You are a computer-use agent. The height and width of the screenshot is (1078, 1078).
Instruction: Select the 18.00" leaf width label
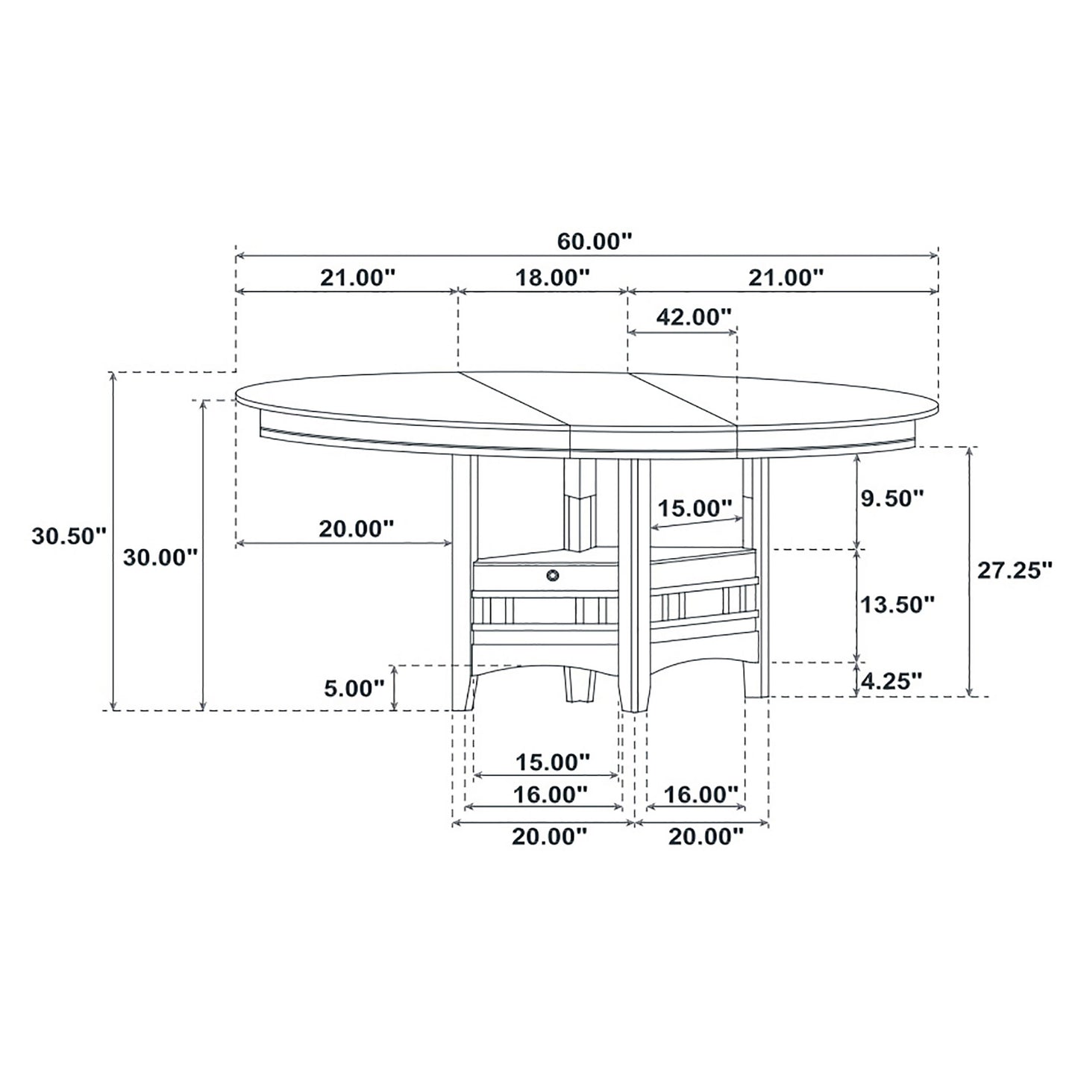click(553, 278)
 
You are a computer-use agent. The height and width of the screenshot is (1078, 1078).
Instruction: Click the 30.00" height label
click(160, 557)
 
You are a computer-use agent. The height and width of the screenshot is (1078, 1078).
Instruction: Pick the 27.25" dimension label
click(1015, 570)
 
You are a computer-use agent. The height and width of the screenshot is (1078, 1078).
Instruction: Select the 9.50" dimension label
click(892, 498)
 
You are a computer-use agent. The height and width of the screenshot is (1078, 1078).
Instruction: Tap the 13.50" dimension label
click(897, 604)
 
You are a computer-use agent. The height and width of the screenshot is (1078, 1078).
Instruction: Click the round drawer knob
click(553, 574)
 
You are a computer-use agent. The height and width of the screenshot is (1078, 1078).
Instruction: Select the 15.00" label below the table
click(552, 762)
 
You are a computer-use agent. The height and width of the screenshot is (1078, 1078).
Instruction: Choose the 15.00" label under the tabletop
click(694, 509)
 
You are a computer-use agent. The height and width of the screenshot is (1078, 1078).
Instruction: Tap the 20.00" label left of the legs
click(356, 529)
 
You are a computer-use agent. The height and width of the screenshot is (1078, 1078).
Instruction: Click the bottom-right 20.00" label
click(706, 836)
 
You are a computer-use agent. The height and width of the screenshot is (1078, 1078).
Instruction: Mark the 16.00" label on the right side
click(701, 795)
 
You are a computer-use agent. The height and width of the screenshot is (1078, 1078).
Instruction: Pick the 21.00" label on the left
click(357, 278)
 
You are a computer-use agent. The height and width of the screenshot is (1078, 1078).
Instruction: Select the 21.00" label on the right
click(786, 278)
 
